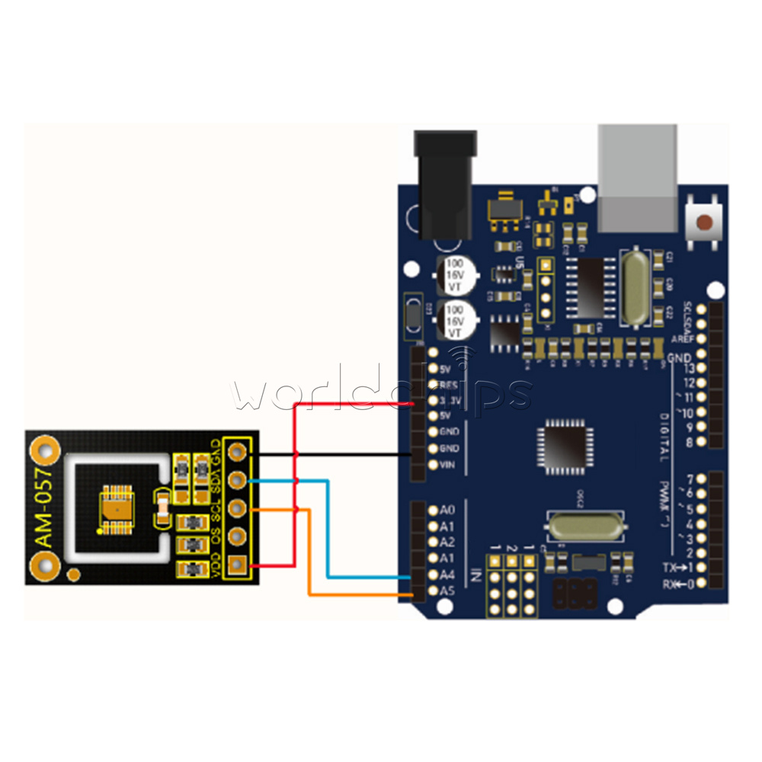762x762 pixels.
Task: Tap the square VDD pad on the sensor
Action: click(238, 565)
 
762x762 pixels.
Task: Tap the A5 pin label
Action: click(448, 591)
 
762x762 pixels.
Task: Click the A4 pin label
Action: click(448, 575)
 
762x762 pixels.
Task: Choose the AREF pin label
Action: click(682, 339)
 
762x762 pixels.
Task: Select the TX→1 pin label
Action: click(677, 568)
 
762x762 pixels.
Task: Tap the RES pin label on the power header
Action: click(449, 385)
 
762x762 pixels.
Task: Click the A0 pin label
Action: click(447, 510)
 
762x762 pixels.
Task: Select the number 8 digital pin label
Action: click(690, 442)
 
